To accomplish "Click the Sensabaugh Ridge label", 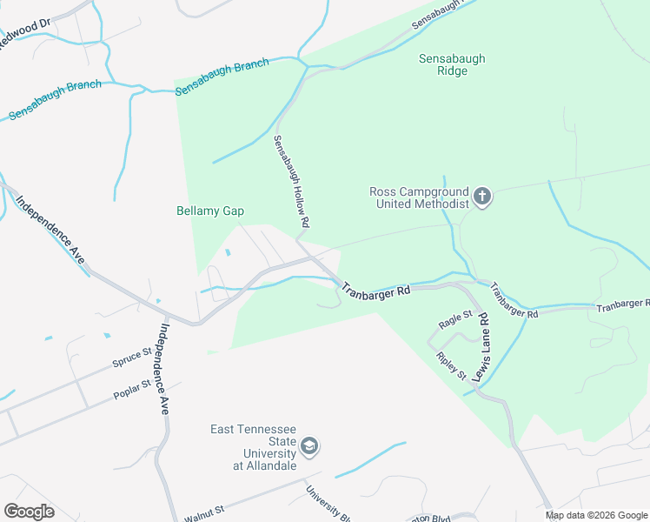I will [452, 64].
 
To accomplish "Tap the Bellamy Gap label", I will [209, 211].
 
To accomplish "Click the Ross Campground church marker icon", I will [482, 198].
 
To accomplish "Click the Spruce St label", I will [132, 357].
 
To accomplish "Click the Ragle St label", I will [455, 319].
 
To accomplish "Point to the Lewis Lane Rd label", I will [481, 344].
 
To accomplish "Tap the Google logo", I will [29, 512].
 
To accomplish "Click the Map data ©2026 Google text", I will [596, 515].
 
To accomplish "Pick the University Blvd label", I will [327, 503].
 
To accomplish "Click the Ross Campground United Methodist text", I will [419, 198].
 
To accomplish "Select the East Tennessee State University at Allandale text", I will [254, 447].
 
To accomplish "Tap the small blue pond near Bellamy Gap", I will [229, 253].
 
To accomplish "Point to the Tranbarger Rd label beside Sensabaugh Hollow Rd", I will [375, 291].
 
